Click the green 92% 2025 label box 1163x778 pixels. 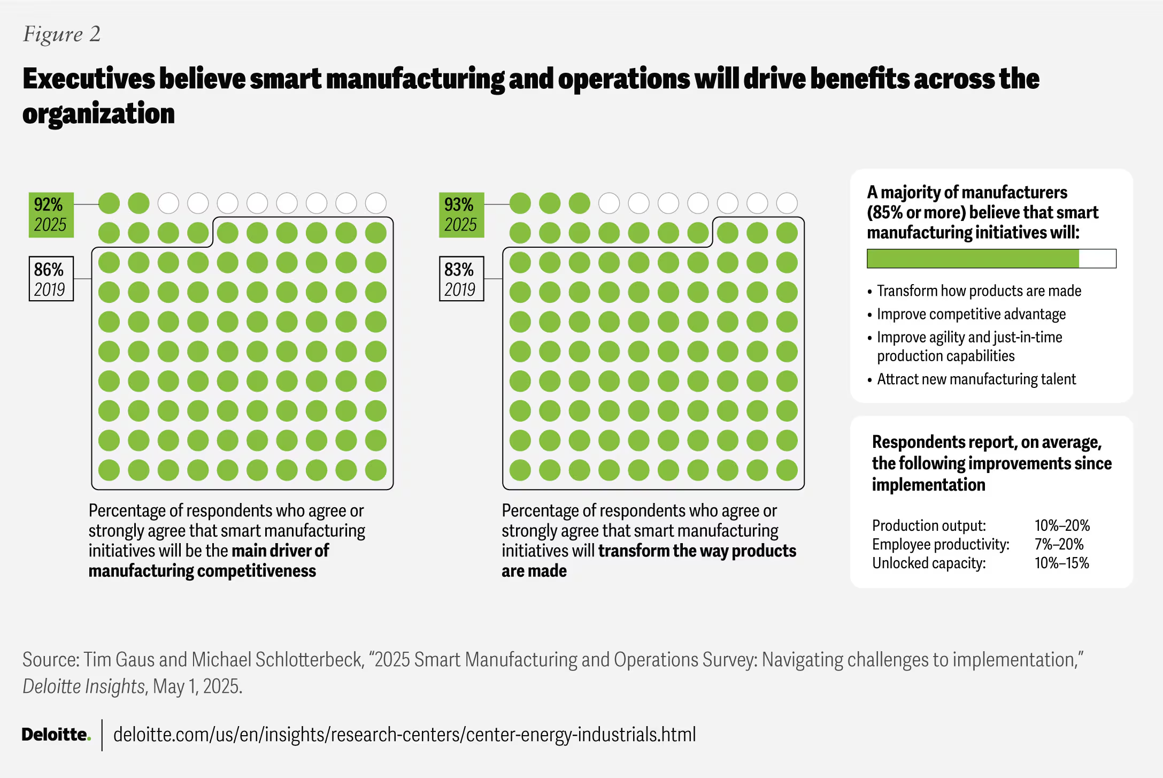pyautogui.click(x=51, y=215)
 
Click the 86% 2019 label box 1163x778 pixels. pyautogui.click(x=51, y=279)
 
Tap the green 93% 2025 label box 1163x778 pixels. pyautogui.click(x=461, y=215)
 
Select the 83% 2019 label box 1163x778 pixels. pyautogui.click(x=461, y=279)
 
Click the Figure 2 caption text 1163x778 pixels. pyautogui.click(x=61, y=34)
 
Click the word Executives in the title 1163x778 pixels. pyautogui.click(x=88, y=79)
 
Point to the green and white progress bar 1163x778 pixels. pyautogui.click(x=991, y=258)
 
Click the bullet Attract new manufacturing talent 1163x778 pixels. pyautogui.click(x=976, y=379)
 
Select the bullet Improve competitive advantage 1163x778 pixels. pyautogui.click(x=971, y=314)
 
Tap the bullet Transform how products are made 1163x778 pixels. pyautogui.click(x=979, y=291)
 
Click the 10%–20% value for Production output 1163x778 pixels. pyautogui.click(x=1062, y=525)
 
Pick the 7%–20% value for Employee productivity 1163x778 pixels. pyautogui.click(x=1059, y=544)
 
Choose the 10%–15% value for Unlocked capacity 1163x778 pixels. pyautogui.click(x=1061, y=563)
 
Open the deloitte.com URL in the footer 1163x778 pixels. pyautogui.click(x=404, y=735)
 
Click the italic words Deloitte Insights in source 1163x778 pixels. pyautogui.click(x=83, y=687)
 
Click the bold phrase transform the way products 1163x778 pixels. pyautogui.click(x=697, y=551)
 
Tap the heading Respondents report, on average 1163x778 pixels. pyautogui.click(x=987, y=443)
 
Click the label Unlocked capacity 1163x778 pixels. pyautogui.click(x=928, y=563)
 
